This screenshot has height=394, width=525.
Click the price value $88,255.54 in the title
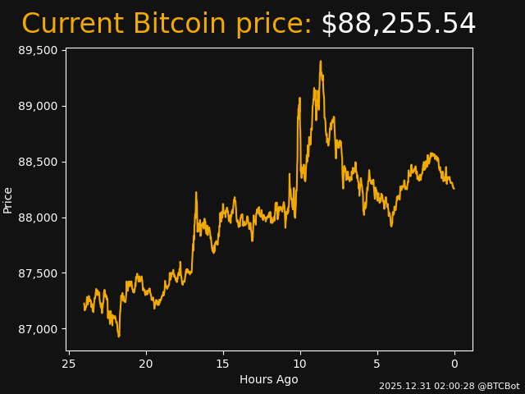[398, 25]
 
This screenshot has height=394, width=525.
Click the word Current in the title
[72, 25]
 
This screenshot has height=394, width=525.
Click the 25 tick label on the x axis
[69, 364]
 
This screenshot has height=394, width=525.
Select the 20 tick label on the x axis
[146, 364]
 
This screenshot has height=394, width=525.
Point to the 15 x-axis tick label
[223, 364]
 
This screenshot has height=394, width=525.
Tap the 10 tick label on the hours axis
[300, 364]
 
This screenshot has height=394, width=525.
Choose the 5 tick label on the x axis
[377, 364]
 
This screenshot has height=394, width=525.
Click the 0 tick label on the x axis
[454, 364]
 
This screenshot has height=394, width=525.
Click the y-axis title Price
[8, 200]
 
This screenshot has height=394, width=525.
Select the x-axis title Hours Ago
[269, 379]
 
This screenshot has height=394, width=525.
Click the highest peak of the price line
[321, 61]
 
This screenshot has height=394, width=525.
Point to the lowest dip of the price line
[119, 336]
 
